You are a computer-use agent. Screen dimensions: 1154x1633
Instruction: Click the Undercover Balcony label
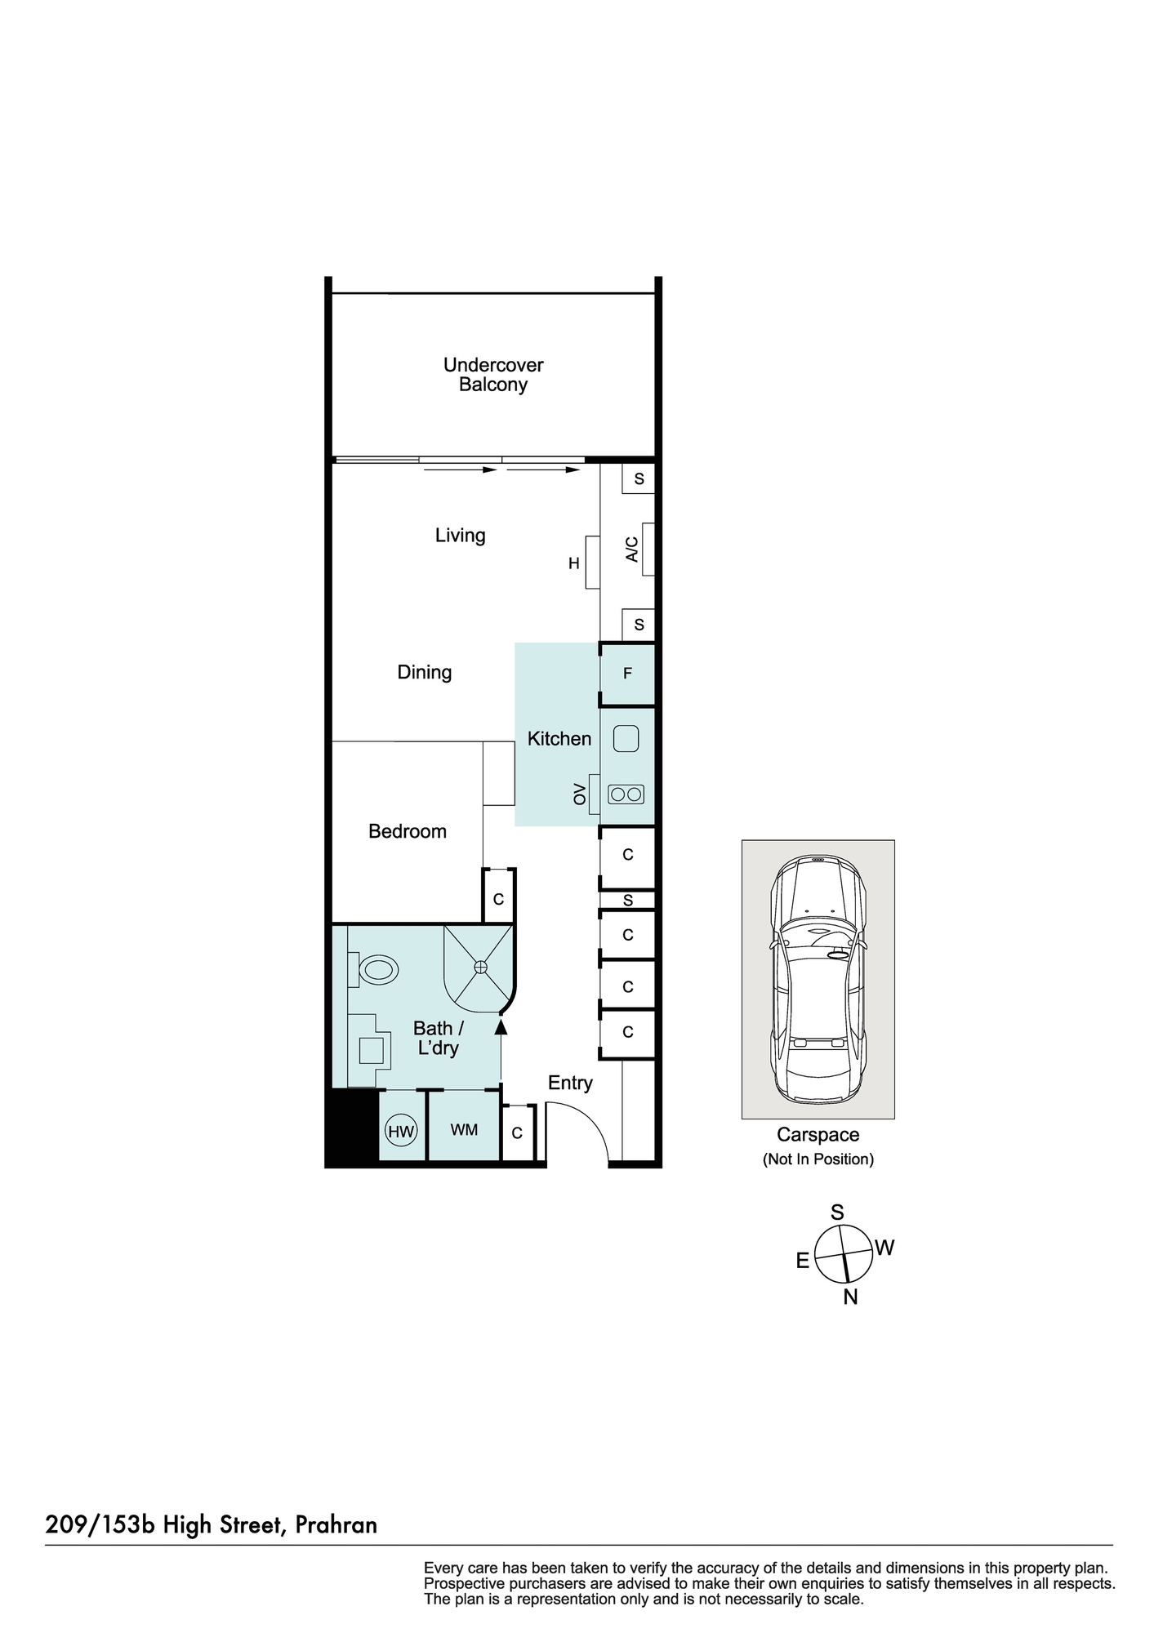(x=493, y=375)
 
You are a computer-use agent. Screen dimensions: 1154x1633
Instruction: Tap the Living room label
(x=460, y=536)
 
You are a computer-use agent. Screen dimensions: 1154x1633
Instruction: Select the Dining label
(x=424, y=672)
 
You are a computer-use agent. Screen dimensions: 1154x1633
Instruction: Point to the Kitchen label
(x=559, y=739)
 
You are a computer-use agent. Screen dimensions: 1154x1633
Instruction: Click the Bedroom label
(x=408, y=831)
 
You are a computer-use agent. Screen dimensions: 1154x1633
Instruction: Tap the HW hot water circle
(x=401, y=1132)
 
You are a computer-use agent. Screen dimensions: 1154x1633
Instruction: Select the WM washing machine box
(x=464, y=1130)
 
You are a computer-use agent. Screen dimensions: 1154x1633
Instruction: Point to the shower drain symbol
(x=480, y=967)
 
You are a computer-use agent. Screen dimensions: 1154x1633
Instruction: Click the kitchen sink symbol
(x=626, y=739)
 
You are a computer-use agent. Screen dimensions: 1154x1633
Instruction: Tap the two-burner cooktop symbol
(x=626, y=794)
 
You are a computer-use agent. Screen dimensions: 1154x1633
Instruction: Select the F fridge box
(x=627, y=674)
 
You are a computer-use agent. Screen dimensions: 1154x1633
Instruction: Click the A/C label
(x=631, y=550)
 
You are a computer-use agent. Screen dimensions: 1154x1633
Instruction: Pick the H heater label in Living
(x=574, y=563)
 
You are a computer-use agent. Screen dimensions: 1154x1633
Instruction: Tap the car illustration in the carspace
(x=818, y=978)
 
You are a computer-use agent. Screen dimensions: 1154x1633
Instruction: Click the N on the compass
(x=850, y=1297)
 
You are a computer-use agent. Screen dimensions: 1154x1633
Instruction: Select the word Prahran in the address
(x=336, y=1524)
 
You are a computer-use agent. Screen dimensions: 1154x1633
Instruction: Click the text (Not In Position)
(x=818, y=1159)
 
